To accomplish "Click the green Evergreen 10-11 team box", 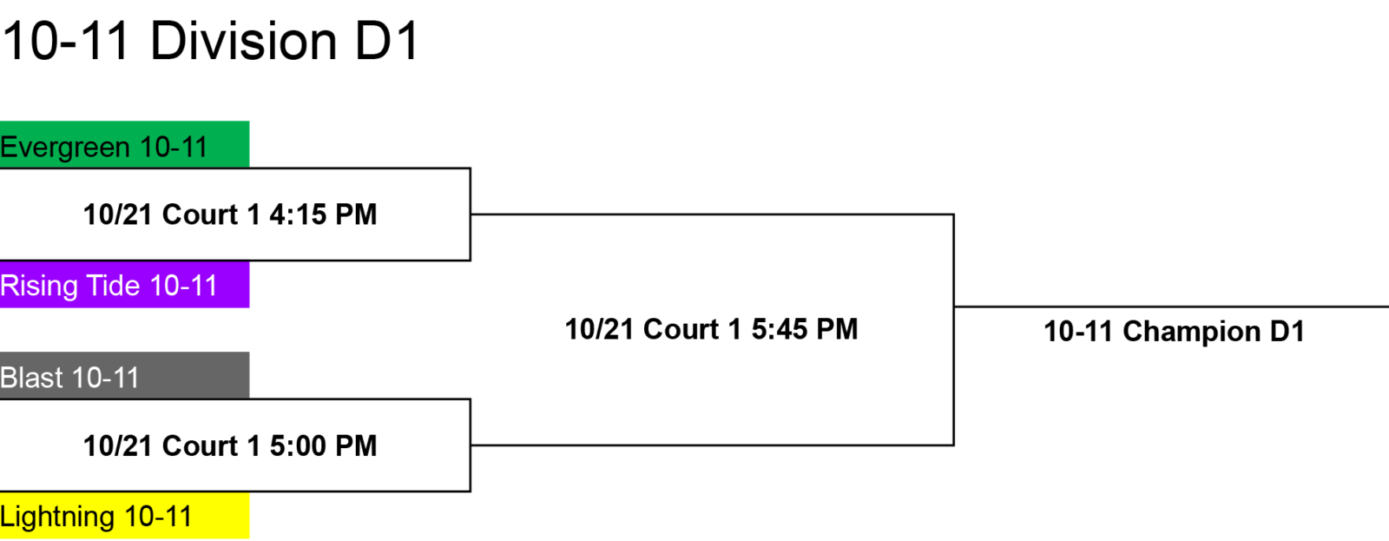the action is (125, 144).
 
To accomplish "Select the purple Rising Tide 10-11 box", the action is (125, 284).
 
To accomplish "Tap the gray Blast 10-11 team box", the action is (125, 375).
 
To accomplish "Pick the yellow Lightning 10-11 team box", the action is (125, 515).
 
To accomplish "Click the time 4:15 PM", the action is (323, 214).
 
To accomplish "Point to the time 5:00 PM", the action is (323, 446).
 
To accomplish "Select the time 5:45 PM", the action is (805, 329).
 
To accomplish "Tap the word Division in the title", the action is (244, 42).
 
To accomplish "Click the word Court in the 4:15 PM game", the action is (201, 214).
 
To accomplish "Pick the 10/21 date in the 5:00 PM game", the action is (118, 446).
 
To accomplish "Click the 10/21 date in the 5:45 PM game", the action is (600, 329).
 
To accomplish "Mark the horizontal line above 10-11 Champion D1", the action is (1171, 307).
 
